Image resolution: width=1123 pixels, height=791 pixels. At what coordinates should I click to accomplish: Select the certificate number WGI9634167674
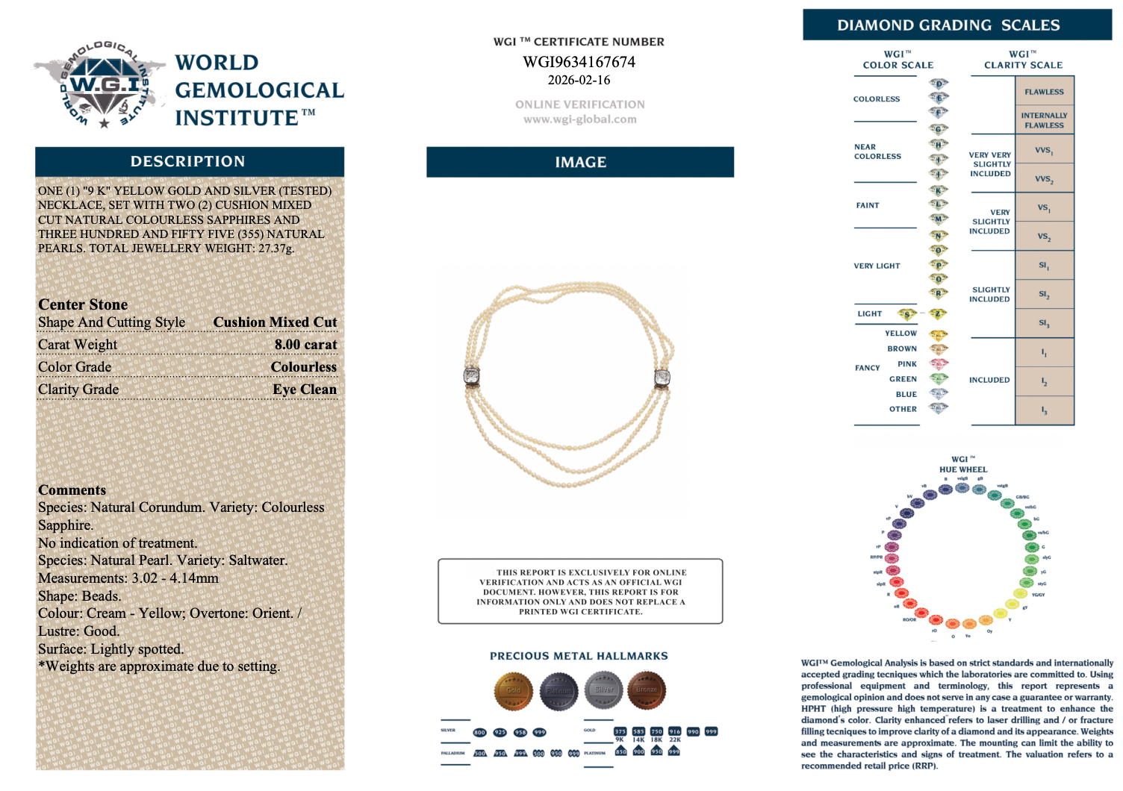[579, 62]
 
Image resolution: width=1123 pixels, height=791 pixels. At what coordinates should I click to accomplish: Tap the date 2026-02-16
[579, 80]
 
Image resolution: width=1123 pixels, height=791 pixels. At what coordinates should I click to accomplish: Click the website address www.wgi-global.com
[579, 119]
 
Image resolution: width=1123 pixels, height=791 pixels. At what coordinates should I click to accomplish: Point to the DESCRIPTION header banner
[188, 161]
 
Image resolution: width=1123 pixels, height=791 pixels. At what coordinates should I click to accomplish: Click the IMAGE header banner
[580, 162]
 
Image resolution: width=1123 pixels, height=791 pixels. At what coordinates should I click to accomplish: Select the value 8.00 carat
[305, 345]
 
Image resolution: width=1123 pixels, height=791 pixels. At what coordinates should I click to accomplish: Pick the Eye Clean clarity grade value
[305, 390]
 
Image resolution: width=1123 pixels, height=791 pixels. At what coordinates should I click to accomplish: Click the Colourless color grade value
[303, 367]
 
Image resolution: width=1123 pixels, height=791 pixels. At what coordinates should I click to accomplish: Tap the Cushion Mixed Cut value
[275, 322]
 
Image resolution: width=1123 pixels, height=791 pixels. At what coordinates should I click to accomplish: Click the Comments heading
[72, 490]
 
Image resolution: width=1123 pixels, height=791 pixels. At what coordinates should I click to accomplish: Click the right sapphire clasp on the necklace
[662, 378]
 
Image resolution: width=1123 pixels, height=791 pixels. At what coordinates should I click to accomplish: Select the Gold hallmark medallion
[513, 690]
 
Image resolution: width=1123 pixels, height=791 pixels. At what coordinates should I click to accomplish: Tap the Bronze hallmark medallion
[646, 690]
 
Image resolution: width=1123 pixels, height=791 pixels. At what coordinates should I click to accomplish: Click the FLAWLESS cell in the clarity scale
[1044, 92]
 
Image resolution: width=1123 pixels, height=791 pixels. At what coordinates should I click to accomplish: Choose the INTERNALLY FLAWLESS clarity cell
[1044, 120]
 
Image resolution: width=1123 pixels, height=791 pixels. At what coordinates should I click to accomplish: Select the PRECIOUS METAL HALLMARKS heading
[579, 656]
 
